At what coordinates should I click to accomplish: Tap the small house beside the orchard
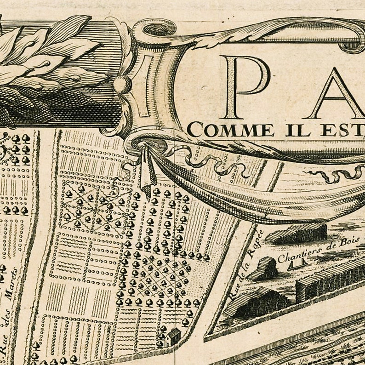pyautogui.click(x=173, y=336)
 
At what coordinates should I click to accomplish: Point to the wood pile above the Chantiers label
pyautogui.click(x=297, y=234)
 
